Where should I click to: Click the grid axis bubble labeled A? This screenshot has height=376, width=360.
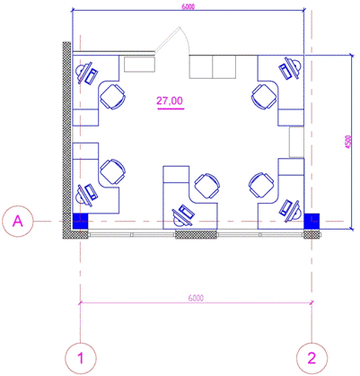(x=17, y=221)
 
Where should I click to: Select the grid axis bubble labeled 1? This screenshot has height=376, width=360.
(x=81, y=358)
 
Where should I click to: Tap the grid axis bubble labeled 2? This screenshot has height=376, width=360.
(x=312, y=358)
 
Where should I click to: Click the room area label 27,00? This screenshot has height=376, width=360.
(x=170, y=101)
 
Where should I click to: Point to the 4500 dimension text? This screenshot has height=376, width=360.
(x=347, y=143)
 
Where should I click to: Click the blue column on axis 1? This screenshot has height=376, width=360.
(x=81, y=221)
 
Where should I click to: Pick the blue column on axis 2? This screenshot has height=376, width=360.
(x=312, y=221)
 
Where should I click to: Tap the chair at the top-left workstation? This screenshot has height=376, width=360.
(x=112, y=97)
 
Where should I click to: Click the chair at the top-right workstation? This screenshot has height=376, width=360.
(x=264, y=97)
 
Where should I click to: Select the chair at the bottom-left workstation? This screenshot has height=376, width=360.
(x=112, y=171)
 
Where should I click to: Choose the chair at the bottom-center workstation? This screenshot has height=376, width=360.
(x=207, y=186)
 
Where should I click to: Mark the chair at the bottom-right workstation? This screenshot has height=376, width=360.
(x=261, y=185)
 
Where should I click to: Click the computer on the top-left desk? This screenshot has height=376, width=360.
(x=87, y=74)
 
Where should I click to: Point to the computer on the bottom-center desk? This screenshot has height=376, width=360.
(x=182, y=216)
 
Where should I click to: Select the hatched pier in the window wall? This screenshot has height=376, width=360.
(x=196, y=234)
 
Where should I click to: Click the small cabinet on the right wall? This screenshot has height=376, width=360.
(x=296, y=142)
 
